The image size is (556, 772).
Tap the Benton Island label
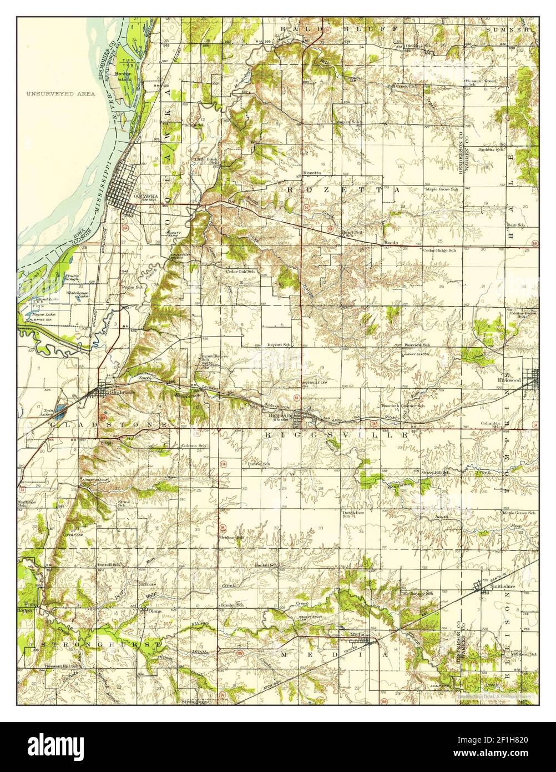tap(123, 76)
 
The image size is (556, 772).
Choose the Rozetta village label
tap(312, 173)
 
